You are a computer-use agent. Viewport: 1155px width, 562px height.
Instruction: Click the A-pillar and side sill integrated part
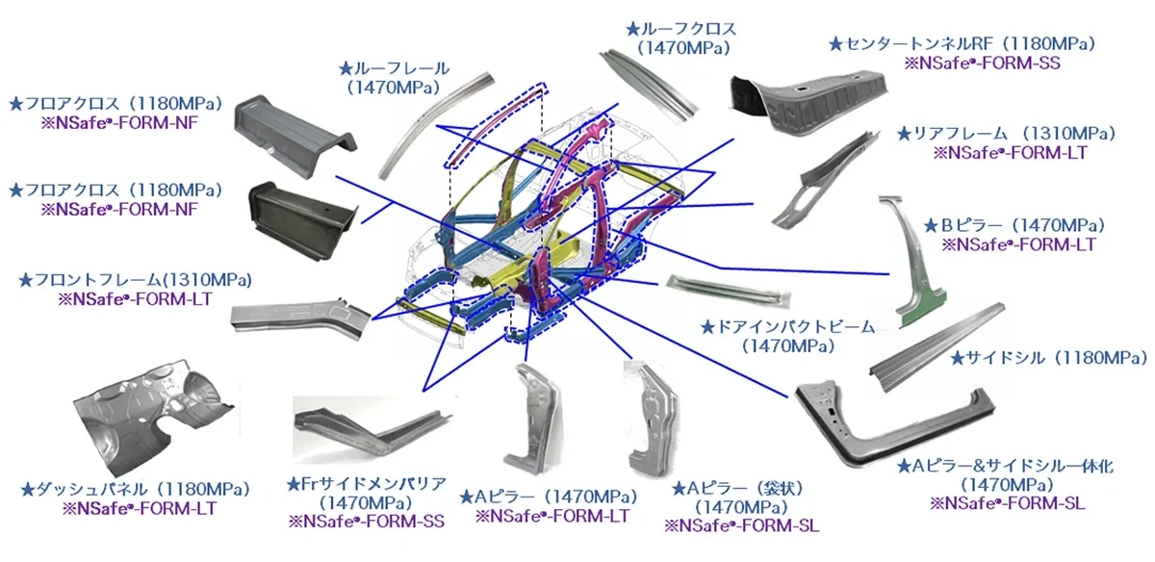click(885, 419)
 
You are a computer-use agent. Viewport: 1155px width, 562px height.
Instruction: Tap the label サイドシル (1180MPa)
click(1048, 358)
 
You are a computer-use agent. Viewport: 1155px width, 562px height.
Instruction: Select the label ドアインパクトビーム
click(788, 327)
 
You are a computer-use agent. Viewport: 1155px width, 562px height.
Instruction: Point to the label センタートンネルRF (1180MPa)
click(962, 43)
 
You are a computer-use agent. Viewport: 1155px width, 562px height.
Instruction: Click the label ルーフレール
click(395, 68)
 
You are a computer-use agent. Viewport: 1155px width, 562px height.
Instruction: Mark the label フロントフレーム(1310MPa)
click(135, 280)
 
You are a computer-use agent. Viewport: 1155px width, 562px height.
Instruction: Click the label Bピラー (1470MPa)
click(1014, 225)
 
